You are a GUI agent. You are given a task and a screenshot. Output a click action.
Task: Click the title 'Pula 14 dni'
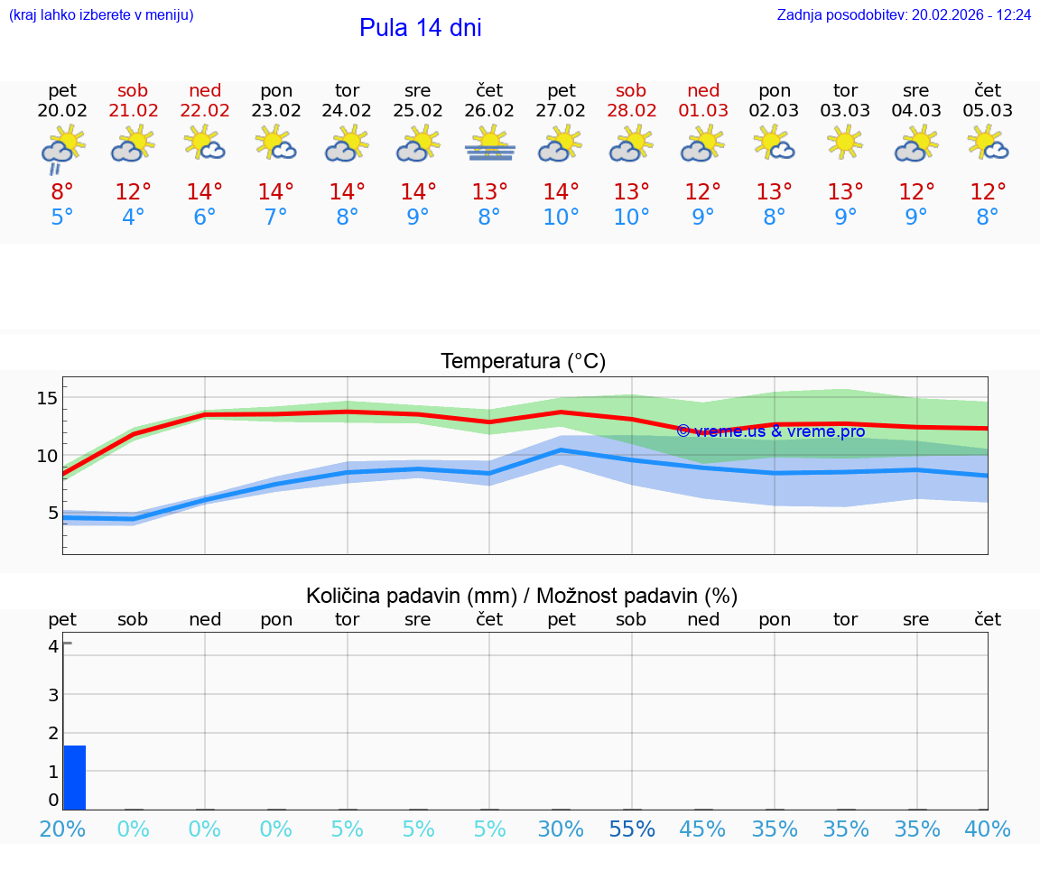tap(420, 28)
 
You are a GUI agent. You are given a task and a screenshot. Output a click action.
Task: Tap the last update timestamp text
tap(904, 15)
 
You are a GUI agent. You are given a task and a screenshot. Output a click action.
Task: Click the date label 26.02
tap(489, 111)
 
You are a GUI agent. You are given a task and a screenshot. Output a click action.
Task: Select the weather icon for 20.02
tap(62, 148)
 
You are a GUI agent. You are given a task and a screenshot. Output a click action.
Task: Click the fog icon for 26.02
tap(489, 144)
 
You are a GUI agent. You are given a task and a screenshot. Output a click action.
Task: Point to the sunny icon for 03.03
tap(845, 143)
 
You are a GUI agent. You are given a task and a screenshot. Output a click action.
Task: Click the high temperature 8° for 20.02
tap(62, 192)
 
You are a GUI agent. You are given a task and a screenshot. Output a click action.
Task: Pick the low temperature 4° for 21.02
tap(134, 218)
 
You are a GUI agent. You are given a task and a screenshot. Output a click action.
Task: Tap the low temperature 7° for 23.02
tap(275, 218)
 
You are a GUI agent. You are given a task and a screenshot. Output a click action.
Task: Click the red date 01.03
tap(703, 111)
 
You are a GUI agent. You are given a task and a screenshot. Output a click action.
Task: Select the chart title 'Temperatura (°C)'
tap(523, 362)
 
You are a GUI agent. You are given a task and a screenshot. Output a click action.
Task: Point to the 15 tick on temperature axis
tap(47, 398)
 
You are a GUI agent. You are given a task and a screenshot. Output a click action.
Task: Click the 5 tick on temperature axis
tap(51, 513)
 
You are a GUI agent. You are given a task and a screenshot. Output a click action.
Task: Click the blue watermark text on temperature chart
tap(771, 431)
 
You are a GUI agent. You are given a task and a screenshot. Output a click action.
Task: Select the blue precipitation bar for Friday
tap(74, 777)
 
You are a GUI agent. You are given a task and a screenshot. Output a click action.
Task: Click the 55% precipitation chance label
tap(632, 829)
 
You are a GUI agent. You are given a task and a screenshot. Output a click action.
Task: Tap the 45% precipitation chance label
tap(703, 829)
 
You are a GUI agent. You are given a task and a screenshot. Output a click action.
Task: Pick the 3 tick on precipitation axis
tap(53, 694)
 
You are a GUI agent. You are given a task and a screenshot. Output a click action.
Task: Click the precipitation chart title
tap(522, 596)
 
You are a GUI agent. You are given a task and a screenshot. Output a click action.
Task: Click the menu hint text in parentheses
tap(100, 15)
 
